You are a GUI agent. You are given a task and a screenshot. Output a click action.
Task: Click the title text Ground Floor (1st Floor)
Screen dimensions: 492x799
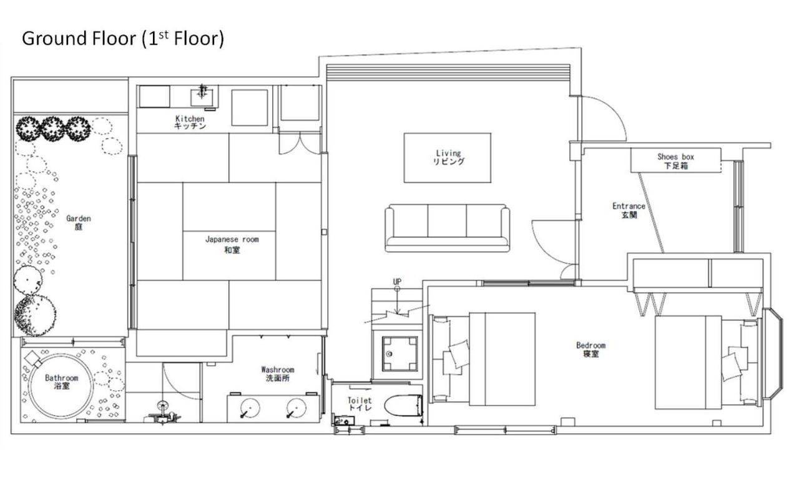(x=122, y=39)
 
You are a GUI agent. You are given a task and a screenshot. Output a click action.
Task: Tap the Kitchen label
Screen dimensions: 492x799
(x=190, y=122)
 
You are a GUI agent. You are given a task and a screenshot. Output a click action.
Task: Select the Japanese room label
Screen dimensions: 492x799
(x=232, y=244)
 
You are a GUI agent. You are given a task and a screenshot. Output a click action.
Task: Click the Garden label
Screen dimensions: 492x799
(x=79, y=222)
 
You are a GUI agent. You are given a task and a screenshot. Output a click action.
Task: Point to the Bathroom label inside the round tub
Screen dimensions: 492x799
(x=61, y=381)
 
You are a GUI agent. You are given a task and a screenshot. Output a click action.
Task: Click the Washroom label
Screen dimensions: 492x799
(x=277, y=374)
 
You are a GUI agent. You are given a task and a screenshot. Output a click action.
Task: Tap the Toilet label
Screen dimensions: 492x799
(x=360, y=404)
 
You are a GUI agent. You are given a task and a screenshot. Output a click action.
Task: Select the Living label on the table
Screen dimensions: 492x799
(x=448, y=157)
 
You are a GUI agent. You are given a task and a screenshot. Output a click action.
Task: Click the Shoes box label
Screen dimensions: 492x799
(x=675, y=161)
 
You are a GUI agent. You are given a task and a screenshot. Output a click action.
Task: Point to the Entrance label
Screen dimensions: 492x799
(x=629, y=210)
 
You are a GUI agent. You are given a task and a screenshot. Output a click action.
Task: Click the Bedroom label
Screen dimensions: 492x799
(x=591, y=349)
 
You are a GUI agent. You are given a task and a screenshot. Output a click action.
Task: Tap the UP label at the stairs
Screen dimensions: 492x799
(x=397, y=282)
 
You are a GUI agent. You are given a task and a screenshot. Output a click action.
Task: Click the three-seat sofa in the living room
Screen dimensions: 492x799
(x=447, y=227)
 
